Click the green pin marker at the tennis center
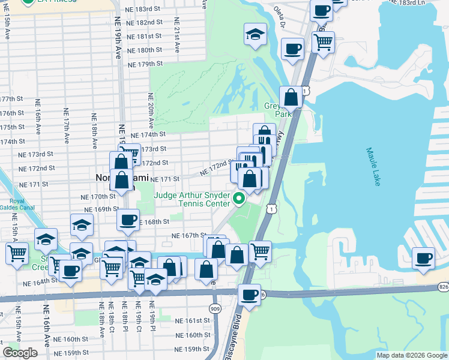(240, 199)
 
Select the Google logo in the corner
(20, 353)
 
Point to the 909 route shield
(215, 307)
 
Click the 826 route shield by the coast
(443, 287)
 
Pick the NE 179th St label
(145, 64)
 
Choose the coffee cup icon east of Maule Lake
(424, 258)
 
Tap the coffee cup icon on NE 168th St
(128, 220)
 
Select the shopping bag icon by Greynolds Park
(291, 97)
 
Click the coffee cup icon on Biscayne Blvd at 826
(249, 295)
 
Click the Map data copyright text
(412, 355)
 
